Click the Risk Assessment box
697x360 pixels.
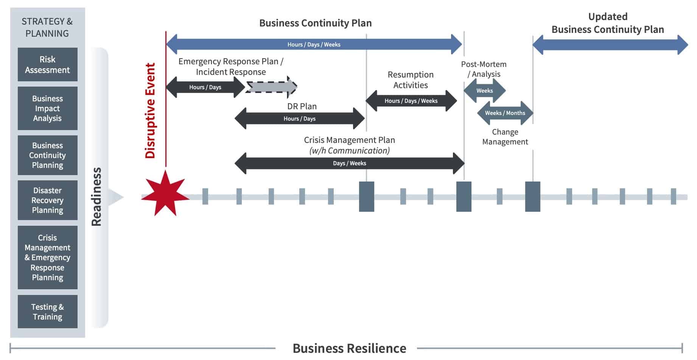47,64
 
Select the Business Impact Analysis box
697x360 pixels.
47,108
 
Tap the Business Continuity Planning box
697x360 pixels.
47,155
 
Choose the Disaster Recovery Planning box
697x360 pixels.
47,200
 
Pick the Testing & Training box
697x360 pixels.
47,312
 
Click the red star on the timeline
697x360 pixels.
165,194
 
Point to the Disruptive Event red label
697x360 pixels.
150,110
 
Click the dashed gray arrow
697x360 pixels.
271,87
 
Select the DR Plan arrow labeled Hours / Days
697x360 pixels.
299,118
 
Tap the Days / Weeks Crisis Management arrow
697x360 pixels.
349,163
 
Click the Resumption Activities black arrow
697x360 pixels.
411,101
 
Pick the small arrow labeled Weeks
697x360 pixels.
484,91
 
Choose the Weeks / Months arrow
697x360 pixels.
505,113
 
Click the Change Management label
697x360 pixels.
505,137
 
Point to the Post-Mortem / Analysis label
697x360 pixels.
484,69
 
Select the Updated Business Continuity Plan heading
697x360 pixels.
608,23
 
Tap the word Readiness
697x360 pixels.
97,197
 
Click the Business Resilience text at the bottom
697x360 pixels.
349,348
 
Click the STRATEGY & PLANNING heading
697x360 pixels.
47,27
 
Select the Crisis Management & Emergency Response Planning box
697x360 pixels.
47,258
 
